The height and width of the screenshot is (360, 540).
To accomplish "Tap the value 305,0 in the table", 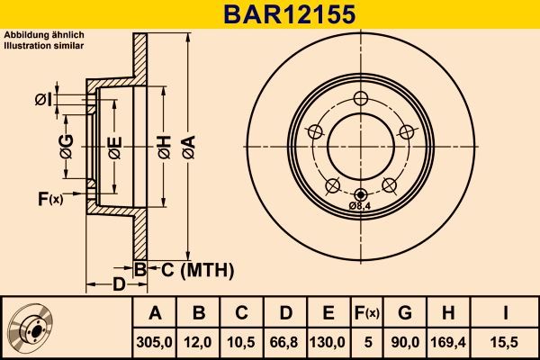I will (x=155, y=342).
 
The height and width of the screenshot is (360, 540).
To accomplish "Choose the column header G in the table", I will (x=404, y=313).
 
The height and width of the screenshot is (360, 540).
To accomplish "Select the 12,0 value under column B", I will (x=199, y=342).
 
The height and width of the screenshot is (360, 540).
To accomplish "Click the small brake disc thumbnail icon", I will (x=29, y=327).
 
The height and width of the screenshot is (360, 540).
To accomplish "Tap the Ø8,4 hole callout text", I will (x=361, y=207).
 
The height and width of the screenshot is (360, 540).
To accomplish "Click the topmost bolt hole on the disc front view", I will (x=362, y=99).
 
